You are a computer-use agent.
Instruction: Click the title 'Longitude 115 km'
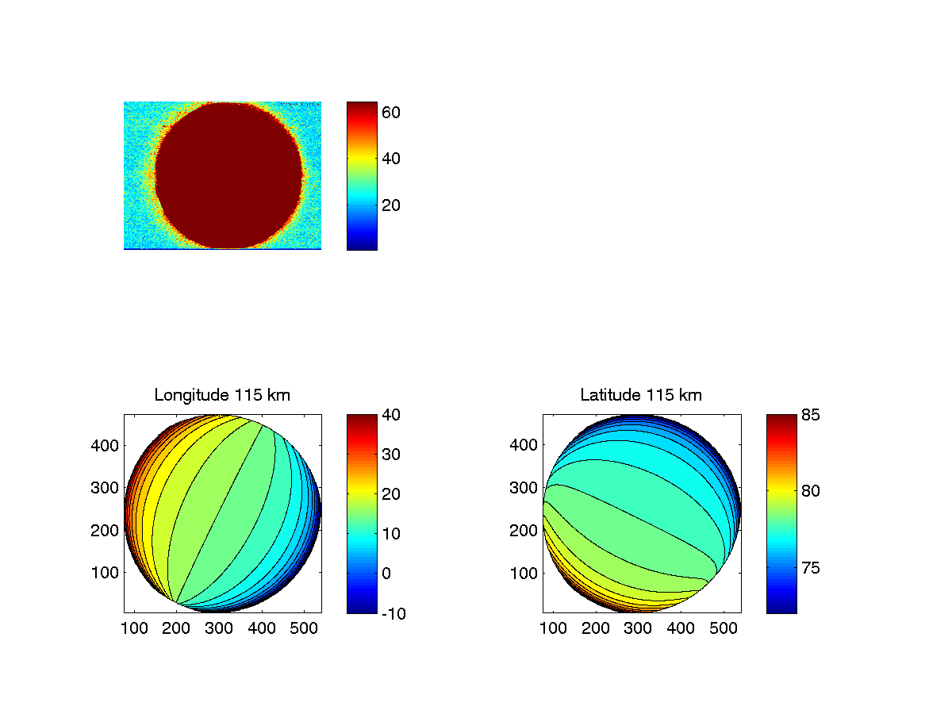[222, 394]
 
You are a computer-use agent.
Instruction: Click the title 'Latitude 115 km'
[641, 394]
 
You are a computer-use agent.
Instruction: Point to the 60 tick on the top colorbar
[390, 113]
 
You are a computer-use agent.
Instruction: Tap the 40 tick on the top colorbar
[390, 159]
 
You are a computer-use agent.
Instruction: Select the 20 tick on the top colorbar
[390, 205]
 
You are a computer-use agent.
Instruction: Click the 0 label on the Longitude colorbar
[386, 573]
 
